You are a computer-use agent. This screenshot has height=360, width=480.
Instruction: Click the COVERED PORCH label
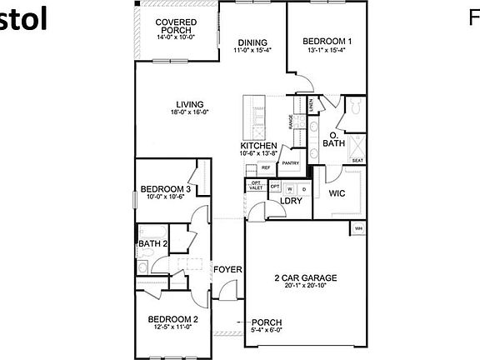point(176,27)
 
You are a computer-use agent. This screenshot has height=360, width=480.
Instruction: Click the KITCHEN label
point(258,145)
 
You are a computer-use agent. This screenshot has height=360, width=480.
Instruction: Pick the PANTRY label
point(289,163)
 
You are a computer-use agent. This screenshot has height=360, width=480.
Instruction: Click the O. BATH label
point(333,139)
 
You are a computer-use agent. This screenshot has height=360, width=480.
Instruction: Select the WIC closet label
point(337,193)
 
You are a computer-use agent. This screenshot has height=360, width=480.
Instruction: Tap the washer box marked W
point(290,188)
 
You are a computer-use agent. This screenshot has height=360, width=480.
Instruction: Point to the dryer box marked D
point(303,188)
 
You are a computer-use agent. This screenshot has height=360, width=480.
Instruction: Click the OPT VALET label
point(256,186)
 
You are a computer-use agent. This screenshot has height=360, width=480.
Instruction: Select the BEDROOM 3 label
point(166,189)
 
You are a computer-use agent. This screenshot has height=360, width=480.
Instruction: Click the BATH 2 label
point(153,243)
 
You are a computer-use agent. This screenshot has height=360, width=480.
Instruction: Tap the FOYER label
point(227,269)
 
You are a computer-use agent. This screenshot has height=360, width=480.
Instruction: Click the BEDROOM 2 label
point(172,319)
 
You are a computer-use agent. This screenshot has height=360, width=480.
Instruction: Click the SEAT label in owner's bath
point(357,160)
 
